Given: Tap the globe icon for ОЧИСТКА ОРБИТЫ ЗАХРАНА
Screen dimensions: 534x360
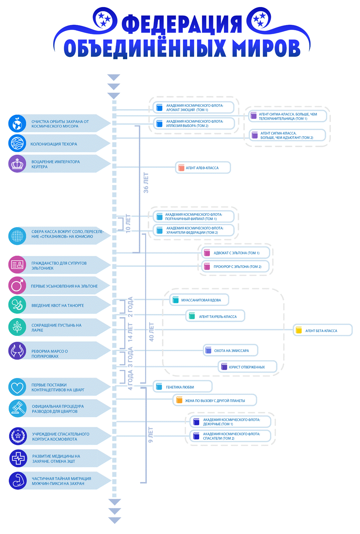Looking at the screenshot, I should point(17,123).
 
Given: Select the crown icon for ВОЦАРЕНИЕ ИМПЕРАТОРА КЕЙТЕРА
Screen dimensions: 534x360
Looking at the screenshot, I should point(17,164).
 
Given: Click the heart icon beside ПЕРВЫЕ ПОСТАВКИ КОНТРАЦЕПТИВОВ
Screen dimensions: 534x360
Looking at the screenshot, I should point(17,387).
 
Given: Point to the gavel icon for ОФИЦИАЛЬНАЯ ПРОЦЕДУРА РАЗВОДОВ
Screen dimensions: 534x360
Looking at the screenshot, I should point(17,408).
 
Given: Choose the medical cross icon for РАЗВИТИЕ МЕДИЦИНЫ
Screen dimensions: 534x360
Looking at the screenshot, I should point(18,458).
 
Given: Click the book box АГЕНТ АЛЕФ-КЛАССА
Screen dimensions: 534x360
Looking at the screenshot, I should point(203,168).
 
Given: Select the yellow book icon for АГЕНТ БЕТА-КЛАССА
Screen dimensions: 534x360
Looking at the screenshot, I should point(298,330).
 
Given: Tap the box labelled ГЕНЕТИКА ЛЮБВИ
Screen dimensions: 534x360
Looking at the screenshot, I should point(182,387).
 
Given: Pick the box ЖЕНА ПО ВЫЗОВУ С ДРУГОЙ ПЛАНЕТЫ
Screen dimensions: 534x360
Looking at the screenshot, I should point(215,400).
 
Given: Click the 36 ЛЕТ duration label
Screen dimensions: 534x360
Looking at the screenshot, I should point(146,183).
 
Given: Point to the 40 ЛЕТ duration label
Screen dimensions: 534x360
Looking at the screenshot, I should point(151,332).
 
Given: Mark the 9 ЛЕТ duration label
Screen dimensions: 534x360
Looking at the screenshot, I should point(150,435).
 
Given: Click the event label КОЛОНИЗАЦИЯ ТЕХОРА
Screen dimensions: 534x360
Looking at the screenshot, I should point(54,144).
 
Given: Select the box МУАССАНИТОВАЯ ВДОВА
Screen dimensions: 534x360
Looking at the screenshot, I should point(199,300).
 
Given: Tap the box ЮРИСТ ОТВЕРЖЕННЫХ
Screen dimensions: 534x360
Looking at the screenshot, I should point(247,367).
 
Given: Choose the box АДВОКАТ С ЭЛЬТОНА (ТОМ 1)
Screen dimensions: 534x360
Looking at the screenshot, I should point(236,253).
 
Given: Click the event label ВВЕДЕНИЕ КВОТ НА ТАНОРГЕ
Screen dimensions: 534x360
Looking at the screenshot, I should point(58,305).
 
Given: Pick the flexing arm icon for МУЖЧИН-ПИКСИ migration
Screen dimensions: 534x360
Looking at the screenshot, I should point(18,480).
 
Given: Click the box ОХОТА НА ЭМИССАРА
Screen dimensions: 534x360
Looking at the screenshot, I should point(231,350).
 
